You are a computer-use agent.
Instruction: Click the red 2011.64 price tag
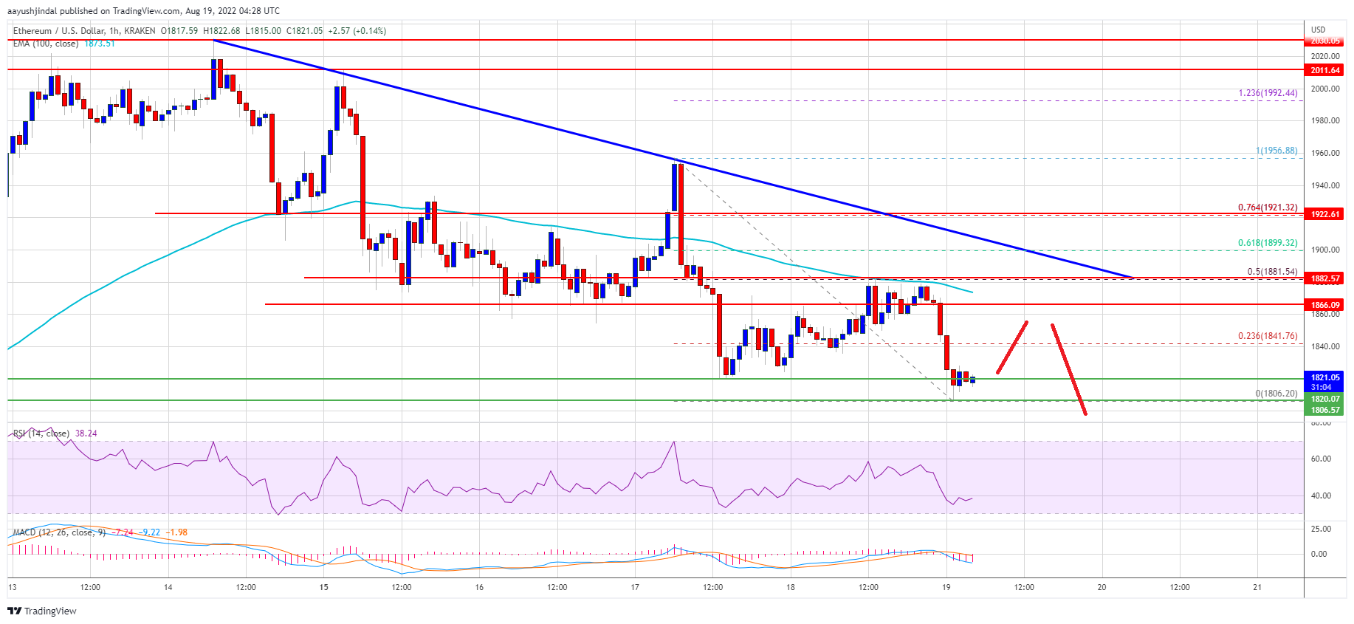(1325, 70)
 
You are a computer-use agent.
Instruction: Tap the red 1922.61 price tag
(1325, 214)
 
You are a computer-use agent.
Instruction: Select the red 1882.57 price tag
(1325, 278)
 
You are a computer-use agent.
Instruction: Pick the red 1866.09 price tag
(1325, 304)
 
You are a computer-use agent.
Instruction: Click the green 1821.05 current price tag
(1325, 377)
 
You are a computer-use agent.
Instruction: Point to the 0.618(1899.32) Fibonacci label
(1268, 243)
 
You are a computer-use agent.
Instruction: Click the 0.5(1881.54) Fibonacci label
(1272, 272)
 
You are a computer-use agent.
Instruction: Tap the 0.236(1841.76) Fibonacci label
(1268, 336)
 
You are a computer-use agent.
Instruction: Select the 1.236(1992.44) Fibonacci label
(1268, 93)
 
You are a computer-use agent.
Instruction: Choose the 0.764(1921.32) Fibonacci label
(1268, 208)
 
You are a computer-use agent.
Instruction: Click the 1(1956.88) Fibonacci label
(1276, 151)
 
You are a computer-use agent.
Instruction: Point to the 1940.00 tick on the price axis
(1325, 185)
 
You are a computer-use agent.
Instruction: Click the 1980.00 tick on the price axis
(1325, 120)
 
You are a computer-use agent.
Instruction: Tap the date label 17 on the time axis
(635, 588)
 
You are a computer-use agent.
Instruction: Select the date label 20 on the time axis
(1102, 588)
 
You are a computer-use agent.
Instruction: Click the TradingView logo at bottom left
(42, 611)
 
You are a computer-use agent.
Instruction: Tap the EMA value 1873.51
(99, 44)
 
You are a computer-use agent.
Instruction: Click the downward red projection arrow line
(1068, 369)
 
